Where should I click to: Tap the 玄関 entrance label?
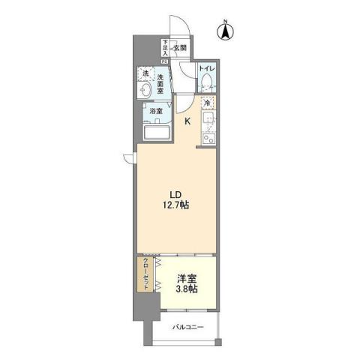click(x=180, y=48)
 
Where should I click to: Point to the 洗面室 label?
click(x=161, y=78)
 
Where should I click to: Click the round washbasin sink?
click(x=145, y=89)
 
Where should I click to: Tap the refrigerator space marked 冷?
click(x=208, y=103)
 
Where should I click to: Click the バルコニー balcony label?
click(x=187, y=327)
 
